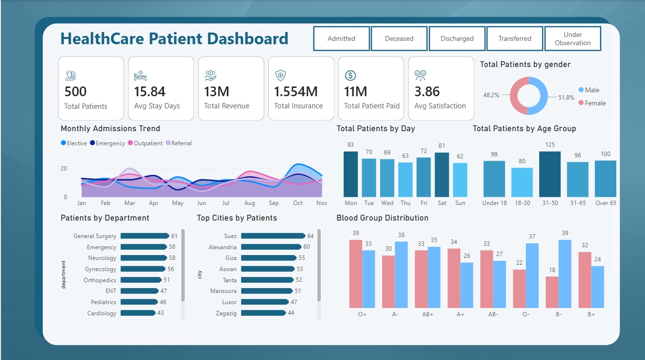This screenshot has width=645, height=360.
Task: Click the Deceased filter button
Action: pos(399,38)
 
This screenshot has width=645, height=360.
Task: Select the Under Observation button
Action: pos(573,38)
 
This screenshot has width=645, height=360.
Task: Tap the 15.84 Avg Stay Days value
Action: pos(150,91)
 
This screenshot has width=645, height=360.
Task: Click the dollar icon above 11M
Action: pos(350,76)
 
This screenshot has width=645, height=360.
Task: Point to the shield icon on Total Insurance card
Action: pos(280,76)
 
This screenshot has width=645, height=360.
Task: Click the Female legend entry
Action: pos(593,103)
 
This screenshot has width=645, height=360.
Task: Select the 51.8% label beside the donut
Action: pos(566,98)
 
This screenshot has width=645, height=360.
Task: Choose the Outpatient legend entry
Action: pos(145,143)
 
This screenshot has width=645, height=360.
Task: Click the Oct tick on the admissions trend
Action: pos(298,203)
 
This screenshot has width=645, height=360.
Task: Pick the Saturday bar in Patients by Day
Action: pos(442,175)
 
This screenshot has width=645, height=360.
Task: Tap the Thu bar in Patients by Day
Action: pos(405,180)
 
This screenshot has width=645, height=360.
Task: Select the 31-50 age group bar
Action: pos(550,174)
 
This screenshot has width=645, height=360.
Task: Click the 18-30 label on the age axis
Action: pos(523,203)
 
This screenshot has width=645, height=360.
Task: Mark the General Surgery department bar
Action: pos(144,236)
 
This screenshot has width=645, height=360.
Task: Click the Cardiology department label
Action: pos(102,313)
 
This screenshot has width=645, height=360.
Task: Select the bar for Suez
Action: pos(273,236)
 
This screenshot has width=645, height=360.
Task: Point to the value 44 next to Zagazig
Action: pos(291,313)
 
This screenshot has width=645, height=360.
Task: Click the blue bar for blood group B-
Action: pos(565,274)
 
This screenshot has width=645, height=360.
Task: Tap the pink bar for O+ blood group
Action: pos(356,274)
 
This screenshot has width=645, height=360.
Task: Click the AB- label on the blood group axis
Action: pos(493,314)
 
